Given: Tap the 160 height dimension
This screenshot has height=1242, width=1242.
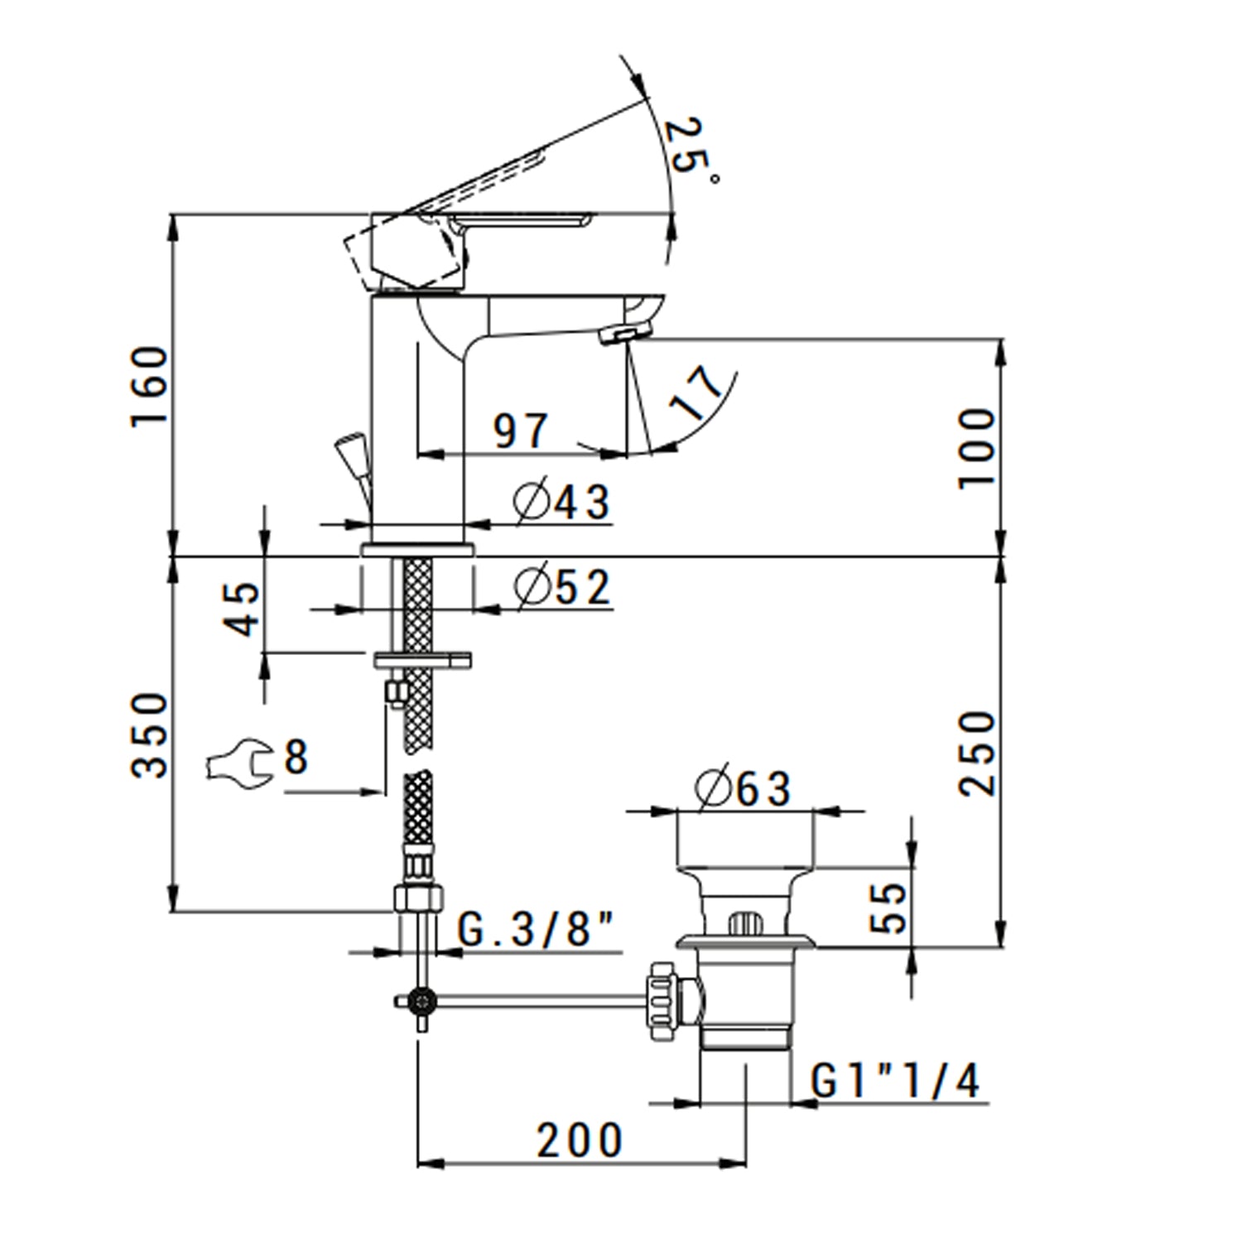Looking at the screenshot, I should (150, 386).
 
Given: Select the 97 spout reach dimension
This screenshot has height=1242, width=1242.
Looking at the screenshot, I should (521, 431).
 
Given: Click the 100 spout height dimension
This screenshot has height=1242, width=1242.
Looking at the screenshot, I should (976, 448).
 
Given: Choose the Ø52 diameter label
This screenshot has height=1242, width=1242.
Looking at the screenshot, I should (562, 587).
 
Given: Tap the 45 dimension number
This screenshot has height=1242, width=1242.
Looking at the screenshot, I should (242, 609).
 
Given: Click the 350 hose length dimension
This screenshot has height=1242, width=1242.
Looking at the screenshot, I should (150, 735).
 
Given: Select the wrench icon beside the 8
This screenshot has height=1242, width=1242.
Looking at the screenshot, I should (238, 759).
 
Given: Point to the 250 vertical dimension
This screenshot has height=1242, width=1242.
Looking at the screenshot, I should (976, 753).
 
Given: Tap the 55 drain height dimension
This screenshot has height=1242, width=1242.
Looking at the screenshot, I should (890, 908).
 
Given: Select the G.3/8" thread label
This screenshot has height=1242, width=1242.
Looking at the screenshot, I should (538, 930).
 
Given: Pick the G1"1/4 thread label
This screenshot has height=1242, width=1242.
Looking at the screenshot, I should (895, 1081).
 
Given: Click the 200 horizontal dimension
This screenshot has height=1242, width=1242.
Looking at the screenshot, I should (580, 1140).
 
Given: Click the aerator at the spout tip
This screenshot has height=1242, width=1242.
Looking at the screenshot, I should (628, 335).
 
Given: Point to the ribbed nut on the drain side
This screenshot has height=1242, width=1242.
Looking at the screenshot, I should (663, 1002).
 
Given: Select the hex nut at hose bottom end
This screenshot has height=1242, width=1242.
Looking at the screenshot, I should (419, 898).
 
